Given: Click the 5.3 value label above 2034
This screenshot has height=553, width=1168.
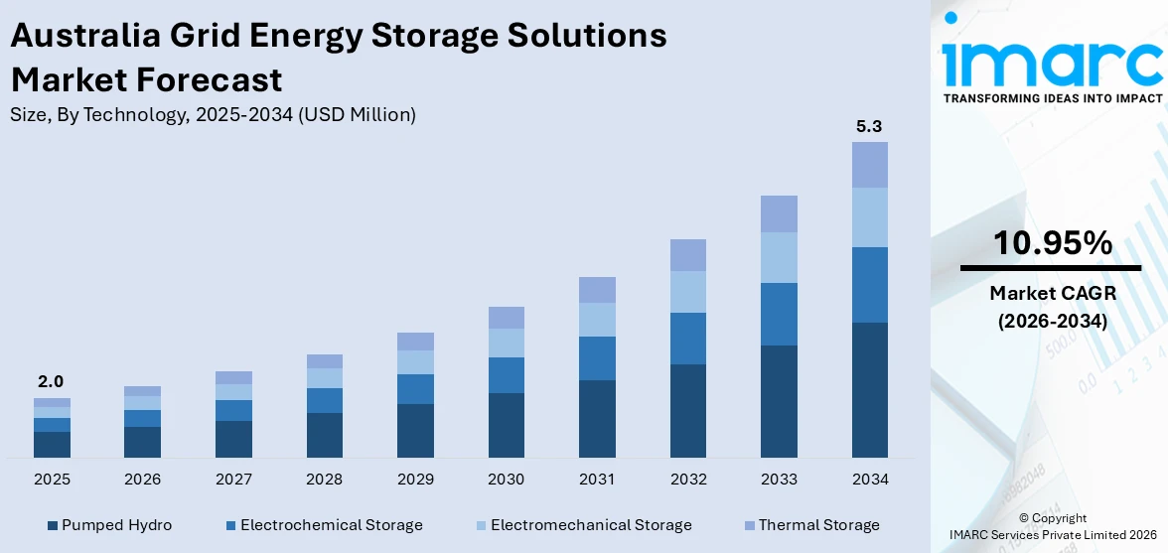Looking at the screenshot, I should coord(869,127).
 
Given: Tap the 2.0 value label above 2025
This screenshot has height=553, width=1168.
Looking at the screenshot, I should coord(51,382).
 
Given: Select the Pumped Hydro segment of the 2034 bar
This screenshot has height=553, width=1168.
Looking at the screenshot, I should coord(869,389).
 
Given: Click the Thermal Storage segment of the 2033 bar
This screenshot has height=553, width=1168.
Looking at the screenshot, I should coord(779,213).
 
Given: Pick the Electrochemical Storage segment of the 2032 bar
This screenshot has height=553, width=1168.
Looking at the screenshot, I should coord(687,339).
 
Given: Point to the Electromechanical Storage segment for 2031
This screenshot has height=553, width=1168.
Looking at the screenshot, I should coord(597,320).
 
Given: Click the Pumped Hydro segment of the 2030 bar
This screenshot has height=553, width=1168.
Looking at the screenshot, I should coord(506,425).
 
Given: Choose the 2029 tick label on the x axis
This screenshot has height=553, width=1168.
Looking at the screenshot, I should coord(415,480).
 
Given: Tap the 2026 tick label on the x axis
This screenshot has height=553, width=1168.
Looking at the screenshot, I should coord(142,480).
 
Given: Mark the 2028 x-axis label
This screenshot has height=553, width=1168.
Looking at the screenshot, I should coord(324,480).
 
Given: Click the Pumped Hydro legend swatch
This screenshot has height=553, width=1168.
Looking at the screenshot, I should coord(52,525).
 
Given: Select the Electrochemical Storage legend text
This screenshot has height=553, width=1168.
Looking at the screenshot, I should coord(332,525).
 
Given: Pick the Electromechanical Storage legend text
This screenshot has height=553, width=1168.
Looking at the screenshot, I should coord(591,525).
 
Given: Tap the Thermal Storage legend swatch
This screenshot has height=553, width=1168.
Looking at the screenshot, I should coord(749,525).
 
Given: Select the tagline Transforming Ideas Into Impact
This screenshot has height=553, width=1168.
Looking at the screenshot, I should coord(1052,98).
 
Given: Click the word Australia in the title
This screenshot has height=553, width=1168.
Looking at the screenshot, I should coord(80,36).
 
